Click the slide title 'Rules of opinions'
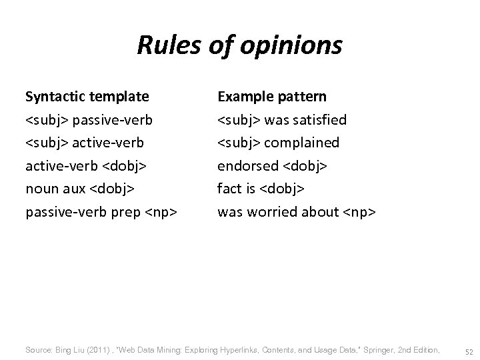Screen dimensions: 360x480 click(239, 46)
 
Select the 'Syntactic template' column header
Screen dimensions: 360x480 click(87, 97)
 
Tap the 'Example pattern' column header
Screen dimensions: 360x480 click(272, 97)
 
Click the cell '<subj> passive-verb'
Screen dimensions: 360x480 click(89, 120)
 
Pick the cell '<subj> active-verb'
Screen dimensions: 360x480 click(85, 143)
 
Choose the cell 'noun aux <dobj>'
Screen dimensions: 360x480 click(80, 189)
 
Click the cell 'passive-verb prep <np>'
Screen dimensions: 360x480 click(101, 212)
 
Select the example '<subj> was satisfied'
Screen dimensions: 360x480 click(282, 120)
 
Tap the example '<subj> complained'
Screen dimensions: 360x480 click(279, 143)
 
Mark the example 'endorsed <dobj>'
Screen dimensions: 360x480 click(272, 166)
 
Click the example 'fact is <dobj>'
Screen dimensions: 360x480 click(261, 189)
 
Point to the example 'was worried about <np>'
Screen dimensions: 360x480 click(297, 212)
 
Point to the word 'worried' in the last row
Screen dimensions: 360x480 click(267, 212)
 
